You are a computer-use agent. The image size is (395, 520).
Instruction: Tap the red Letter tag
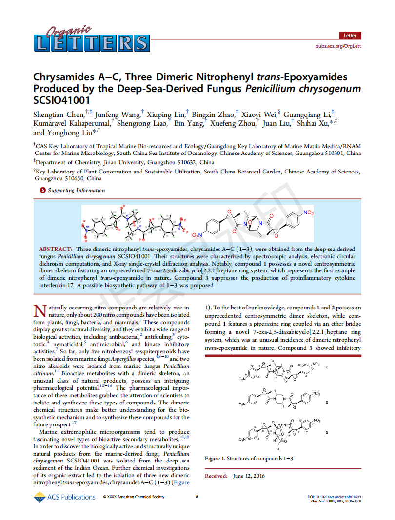[350, 36]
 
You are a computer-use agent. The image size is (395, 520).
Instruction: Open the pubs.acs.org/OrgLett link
[338, 46]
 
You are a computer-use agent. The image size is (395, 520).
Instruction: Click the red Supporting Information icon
[42, 191]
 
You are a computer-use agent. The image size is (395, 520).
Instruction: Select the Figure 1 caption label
[216, 459]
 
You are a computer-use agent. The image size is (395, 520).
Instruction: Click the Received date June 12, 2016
[249, 476]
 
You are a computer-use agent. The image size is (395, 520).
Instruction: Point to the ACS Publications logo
[64, 497]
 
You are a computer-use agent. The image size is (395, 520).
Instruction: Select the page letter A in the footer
[197, 497]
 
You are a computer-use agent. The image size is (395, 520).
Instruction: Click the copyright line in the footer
[134, 497]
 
